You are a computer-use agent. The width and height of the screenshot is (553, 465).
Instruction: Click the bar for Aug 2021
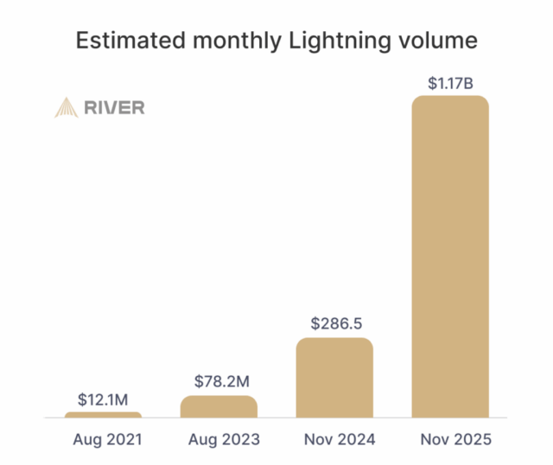click(103, 415)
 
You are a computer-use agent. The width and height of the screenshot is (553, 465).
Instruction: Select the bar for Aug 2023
click(219, 407)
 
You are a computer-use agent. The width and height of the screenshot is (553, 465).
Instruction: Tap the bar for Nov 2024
click(334, 379)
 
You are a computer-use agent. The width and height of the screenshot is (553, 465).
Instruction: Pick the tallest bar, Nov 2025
click(450, 258)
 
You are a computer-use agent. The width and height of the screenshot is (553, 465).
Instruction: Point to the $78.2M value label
click(219, 379)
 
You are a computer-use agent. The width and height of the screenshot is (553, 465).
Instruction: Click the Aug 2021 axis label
click(103, 440)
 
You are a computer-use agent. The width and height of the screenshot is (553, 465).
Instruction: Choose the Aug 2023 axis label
click(219, 440)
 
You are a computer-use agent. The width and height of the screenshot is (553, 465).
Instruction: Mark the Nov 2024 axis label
click(334, 440)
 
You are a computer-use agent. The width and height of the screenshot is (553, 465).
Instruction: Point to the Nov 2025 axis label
click(450, 440)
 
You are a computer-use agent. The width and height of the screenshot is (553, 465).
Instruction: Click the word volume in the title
click(444, 41)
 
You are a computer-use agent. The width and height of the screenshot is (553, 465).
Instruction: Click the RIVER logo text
click(114, 108)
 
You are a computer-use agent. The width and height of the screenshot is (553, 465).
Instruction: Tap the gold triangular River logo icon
click(66, 107)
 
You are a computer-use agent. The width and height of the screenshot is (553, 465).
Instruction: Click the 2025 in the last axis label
click(471, 440)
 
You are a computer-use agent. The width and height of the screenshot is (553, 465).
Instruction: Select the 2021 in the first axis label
click(123, 440)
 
